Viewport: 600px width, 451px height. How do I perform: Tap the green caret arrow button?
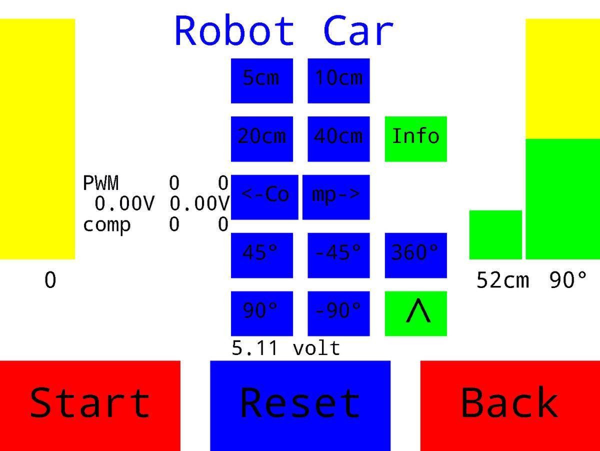pos(415,313)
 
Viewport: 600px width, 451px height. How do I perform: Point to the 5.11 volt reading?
pos(285,348)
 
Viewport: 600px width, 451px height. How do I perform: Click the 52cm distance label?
pos(502,280)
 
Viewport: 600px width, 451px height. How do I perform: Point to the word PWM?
pos(101,183)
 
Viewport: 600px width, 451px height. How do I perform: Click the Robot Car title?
pos(284,31)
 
